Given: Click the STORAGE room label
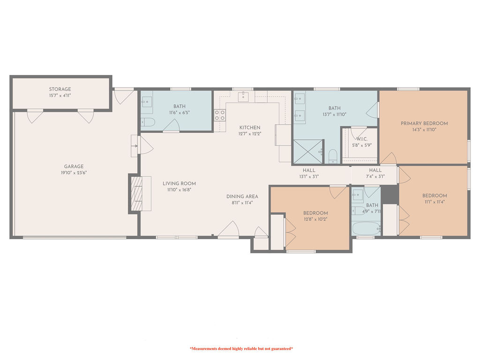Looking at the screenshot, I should click(60, 89).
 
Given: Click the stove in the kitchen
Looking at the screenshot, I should click(219, 115).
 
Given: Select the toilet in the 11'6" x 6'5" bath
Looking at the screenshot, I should click(148, 123).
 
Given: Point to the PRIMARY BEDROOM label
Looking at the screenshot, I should click(424, 123).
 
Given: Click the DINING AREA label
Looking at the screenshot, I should click(242, 196).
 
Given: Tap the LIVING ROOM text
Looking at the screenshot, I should click(179, 183).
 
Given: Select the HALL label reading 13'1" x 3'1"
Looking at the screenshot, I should click(309, 170).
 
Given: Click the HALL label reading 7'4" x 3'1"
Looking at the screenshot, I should click(375, 170).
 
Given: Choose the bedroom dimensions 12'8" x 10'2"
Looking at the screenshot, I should click(315, 219).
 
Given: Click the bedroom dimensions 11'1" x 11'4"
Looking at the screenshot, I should click(434, 202).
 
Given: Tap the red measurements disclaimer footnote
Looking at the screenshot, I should click(241, 349).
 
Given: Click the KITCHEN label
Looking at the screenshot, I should click(249, 127).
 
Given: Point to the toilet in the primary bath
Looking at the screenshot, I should click(332, 155).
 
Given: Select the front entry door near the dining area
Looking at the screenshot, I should click(228, 230).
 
